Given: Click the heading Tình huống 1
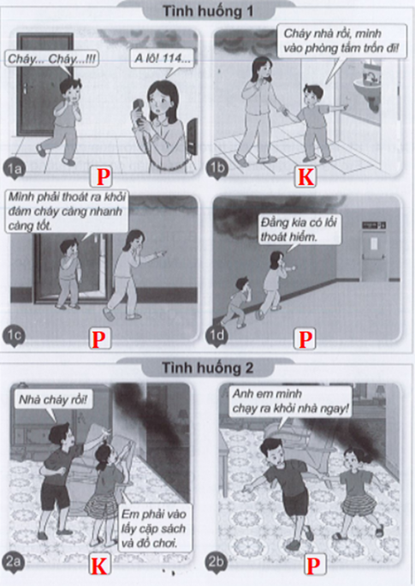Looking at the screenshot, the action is pos(207,11).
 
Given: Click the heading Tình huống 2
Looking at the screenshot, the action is pos(207,368).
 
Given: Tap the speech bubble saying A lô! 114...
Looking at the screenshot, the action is pos(163,58).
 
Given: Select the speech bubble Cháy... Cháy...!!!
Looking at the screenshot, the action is pos(51,59).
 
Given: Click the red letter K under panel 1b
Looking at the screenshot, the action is pos(305,176).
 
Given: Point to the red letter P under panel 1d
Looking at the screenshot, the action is pos(305,339).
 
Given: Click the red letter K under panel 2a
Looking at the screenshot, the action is pos(99,565).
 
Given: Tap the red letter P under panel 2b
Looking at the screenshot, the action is pos(312,565).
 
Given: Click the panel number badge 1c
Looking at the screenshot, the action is pos(15,336).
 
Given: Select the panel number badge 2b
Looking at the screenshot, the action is pos(216,562).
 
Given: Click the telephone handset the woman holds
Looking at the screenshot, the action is pos(139,111).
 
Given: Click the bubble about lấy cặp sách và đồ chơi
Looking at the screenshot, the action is pos(153,528).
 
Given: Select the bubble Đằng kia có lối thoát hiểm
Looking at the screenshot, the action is pos(299,230).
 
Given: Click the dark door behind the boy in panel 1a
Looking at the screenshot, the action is pos(44,85).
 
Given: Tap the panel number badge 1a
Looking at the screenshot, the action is pos(15,169).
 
